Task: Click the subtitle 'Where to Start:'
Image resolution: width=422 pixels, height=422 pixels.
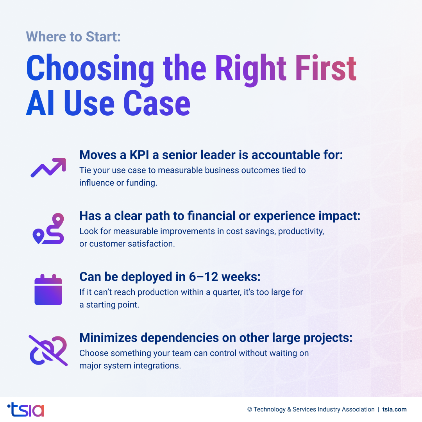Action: pos(73,37)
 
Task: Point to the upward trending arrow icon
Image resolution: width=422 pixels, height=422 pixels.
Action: pos(48,168)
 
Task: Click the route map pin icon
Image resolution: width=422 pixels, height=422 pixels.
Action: pos(48,229)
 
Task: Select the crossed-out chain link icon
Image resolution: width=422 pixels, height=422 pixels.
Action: pos(48,350)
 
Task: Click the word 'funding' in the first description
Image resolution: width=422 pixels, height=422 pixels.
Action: pos(141,182)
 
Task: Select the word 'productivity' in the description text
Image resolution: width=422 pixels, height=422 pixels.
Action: pos(301,231)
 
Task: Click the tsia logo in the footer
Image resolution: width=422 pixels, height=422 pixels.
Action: pos(26,409)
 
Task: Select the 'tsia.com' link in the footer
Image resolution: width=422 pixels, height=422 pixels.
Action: pos(394,409)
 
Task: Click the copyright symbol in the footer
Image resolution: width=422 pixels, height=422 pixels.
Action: pos(250,409)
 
